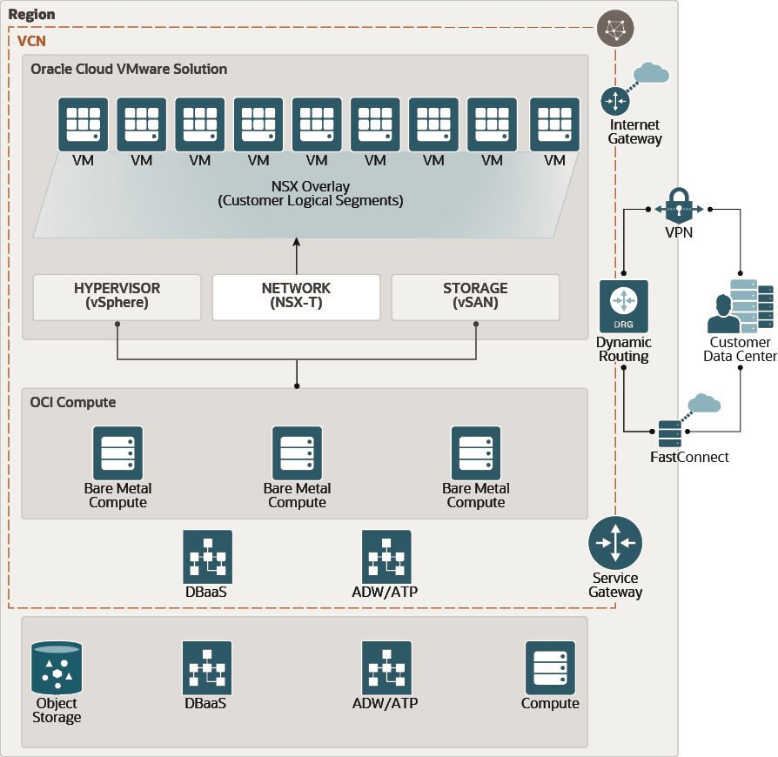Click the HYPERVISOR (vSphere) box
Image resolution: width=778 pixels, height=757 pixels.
[x=117, y=297]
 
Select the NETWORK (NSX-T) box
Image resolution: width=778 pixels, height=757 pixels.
[x=296, y=297]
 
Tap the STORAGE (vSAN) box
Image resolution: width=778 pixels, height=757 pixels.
[x=475, y=297]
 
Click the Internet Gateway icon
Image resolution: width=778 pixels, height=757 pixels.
[x=615, y=102]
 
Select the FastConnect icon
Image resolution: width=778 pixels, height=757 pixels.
[x=670, y=433]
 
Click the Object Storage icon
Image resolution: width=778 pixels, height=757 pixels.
[x=57, y=668]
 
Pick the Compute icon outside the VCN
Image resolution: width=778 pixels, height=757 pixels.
[x=550, y=667]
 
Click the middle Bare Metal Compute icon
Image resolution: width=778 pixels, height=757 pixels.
[x=297, y=452]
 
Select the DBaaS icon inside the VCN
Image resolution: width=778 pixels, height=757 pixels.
[x=207, y=556]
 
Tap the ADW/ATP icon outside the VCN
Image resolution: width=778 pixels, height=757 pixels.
[x=386, y=667]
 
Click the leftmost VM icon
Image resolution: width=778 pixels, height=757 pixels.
[x=83, y=124]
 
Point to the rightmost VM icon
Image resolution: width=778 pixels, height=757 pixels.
[x=554, y=124]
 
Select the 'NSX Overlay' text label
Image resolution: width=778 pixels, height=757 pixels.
[x=311, y=186]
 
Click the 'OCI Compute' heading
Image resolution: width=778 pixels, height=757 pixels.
[x=73, y=402]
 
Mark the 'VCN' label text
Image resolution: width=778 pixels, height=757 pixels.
[x=32, y=41]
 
